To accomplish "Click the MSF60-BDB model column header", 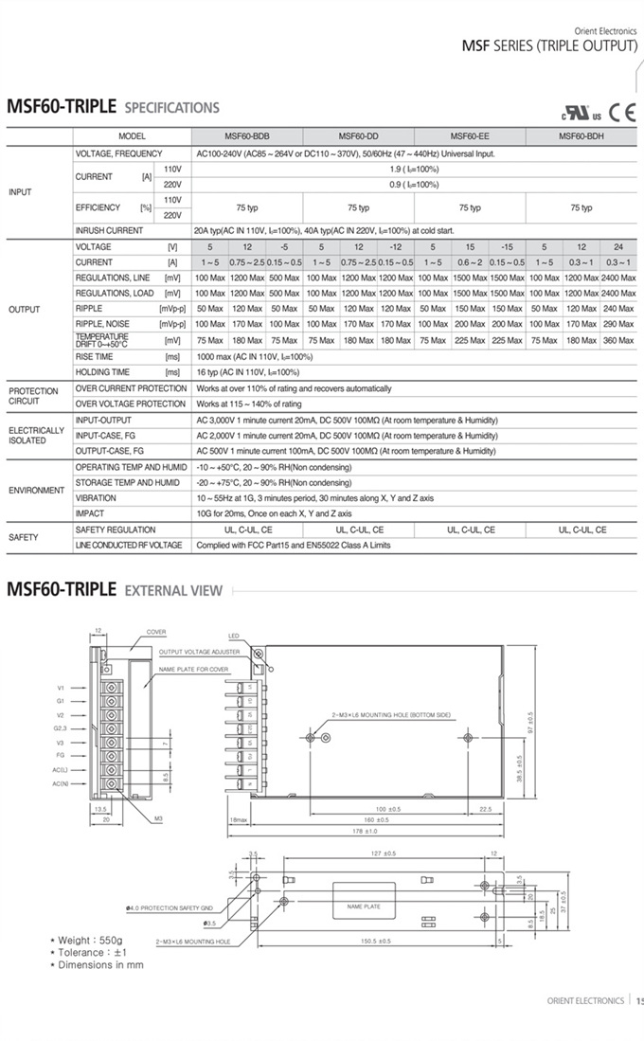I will pyautogui.click(x=247, y=136).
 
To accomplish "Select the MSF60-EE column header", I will pyautogui.click(x=469, y=136).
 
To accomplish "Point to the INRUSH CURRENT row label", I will pyautogui.click(x=110, y=230).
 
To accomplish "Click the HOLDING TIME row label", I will pyautogui.click(x=102, y=372).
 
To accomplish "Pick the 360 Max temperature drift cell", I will pyautogui.click(x=618, y=340).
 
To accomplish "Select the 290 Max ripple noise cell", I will pyautogui.click(x=618, y=324).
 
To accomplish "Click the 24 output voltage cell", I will pyautogui.click(x=618, y=246).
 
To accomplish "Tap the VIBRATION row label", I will pyautogui.click(x=96, y=498).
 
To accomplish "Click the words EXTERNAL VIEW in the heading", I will pyautogui.click(x=173, y=591).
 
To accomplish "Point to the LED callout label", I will pyautogui.click(x=235, y=636).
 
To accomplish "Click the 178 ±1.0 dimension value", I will pyautogui.click(x=365, y=831).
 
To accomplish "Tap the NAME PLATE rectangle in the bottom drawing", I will pyautogui.click(x=363, y=906).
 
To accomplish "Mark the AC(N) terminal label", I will pyautogui.click(x=62, y=783).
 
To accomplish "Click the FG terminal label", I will pyautogui.click(x=61, y=756).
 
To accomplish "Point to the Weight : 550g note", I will pyautogui.click(x=90, y=941).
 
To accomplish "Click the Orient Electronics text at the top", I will pyautogui.click(x=600, y=30).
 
